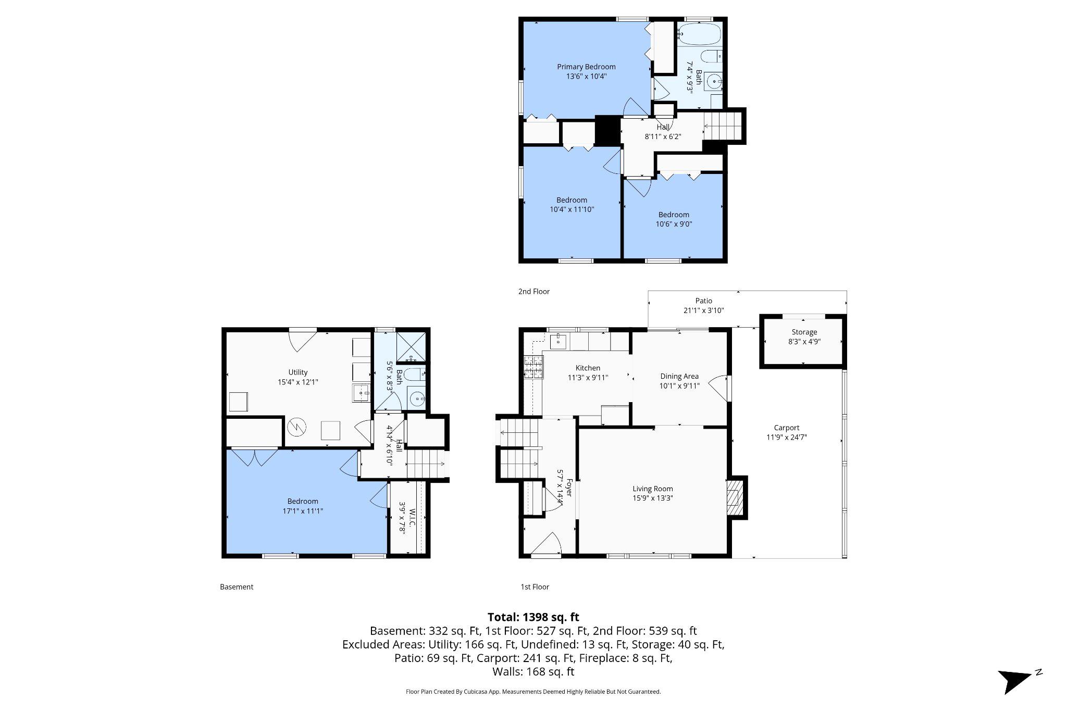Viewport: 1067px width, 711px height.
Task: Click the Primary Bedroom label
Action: pos(586,67)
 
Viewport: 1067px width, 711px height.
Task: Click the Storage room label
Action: pos(804,332)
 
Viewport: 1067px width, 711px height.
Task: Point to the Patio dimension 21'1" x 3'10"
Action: pos(703,310)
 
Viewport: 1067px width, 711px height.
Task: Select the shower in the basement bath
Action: pos(411,346)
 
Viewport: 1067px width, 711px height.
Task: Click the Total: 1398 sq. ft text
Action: pos(533,617)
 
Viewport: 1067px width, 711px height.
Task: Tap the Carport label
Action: pos(786,428)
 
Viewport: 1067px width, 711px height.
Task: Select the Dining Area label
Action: pos(679,376)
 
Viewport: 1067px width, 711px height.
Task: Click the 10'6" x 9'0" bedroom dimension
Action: pos(674,224)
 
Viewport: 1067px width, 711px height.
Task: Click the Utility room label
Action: pos(298,372)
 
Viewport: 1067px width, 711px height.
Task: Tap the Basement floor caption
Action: pos(237,587)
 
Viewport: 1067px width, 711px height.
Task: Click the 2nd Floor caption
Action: pos(533,291)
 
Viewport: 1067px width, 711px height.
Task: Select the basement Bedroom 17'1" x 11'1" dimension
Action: pos(302,511)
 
